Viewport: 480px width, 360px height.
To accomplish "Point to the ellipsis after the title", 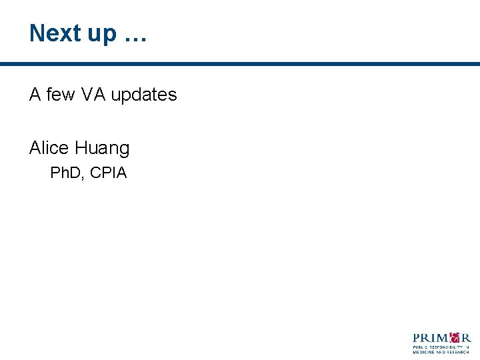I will pyautogui.click(x=135, y=37).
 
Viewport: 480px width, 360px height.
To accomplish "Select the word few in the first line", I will pyautogui.click(x=61, y=95).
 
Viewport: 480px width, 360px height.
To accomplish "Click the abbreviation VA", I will pyautogui.click(x=93, y=95).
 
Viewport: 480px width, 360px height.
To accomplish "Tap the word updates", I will pyautogui.click(x=144, y=95).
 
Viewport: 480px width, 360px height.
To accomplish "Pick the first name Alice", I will pyautogui.click(x=50, y=147).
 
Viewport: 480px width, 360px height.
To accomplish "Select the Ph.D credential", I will pyautogui.click(x=65, y=173).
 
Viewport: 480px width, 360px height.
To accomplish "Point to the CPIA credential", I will pyautogui.click(x=108, y=173).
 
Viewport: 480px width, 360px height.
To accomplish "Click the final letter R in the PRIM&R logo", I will pyautogui.click(x=466, y=338).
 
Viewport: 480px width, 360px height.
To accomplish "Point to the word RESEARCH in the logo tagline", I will pyautogui.click(x=459, y=352).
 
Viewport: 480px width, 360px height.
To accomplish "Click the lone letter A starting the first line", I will pyautogui.click(x=35, y=95).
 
